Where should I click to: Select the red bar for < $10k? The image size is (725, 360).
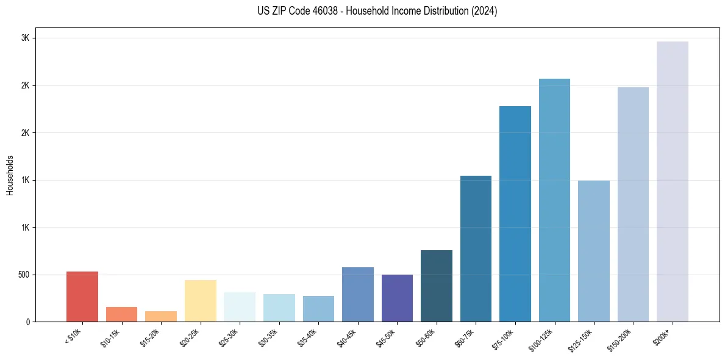[x=82, y=297]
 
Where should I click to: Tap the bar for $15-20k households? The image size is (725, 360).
[x=161, y=316]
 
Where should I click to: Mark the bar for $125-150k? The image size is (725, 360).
[x=593, y=251]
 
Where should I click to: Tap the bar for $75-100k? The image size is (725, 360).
[x=515, y=214]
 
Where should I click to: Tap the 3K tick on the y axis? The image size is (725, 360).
[x=26, y=38]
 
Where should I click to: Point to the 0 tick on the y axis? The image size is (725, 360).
[x=29, y=322]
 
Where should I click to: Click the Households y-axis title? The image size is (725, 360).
[x=10, y=175]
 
